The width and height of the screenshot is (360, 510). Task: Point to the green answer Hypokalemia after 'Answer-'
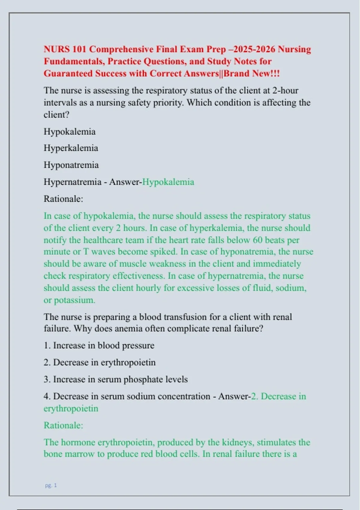click(x=168, y=182)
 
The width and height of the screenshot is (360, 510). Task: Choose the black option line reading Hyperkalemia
click(x=71, y=148)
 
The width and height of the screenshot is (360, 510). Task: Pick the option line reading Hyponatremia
click(x=71, y=165)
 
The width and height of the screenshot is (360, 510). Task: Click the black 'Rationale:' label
click(x=63, y=199)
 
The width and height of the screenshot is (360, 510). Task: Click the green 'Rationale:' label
click(x=63, y=425)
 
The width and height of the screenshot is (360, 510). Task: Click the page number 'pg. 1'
click(x=51, y=485)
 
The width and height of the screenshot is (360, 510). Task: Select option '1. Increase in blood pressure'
click(x=99, y=345)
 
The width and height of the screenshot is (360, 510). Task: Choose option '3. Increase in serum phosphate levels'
click(x=116, y=379)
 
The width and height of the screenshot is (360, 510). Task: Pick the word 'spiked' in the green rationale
click(x=164, y=251)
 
